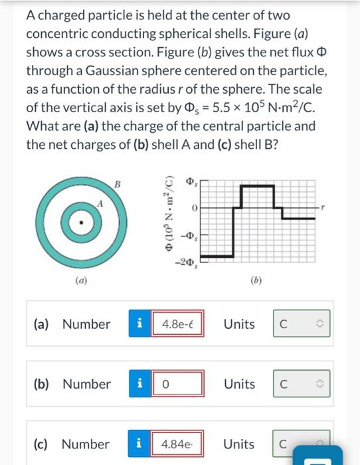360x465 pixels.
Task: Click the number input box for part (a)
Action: pos(177,324)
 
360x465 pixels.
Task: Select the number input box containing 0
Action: pos(177,384)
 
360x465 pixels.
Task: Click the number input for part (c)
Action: pos(177,444)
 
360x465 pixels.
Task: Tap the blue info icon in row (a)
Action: pos(139,324)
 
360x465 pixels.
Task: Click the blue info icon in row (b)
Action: pos(139,384)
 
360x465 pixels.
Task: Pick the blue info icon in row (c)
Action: pos(139,444)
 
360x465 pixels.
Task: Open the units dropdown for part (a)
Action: pos(301,324)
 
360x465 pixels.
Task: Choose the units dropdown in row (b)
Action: pos(301,384)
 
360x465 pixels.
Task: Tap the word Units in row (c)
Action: pos(239,444)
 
